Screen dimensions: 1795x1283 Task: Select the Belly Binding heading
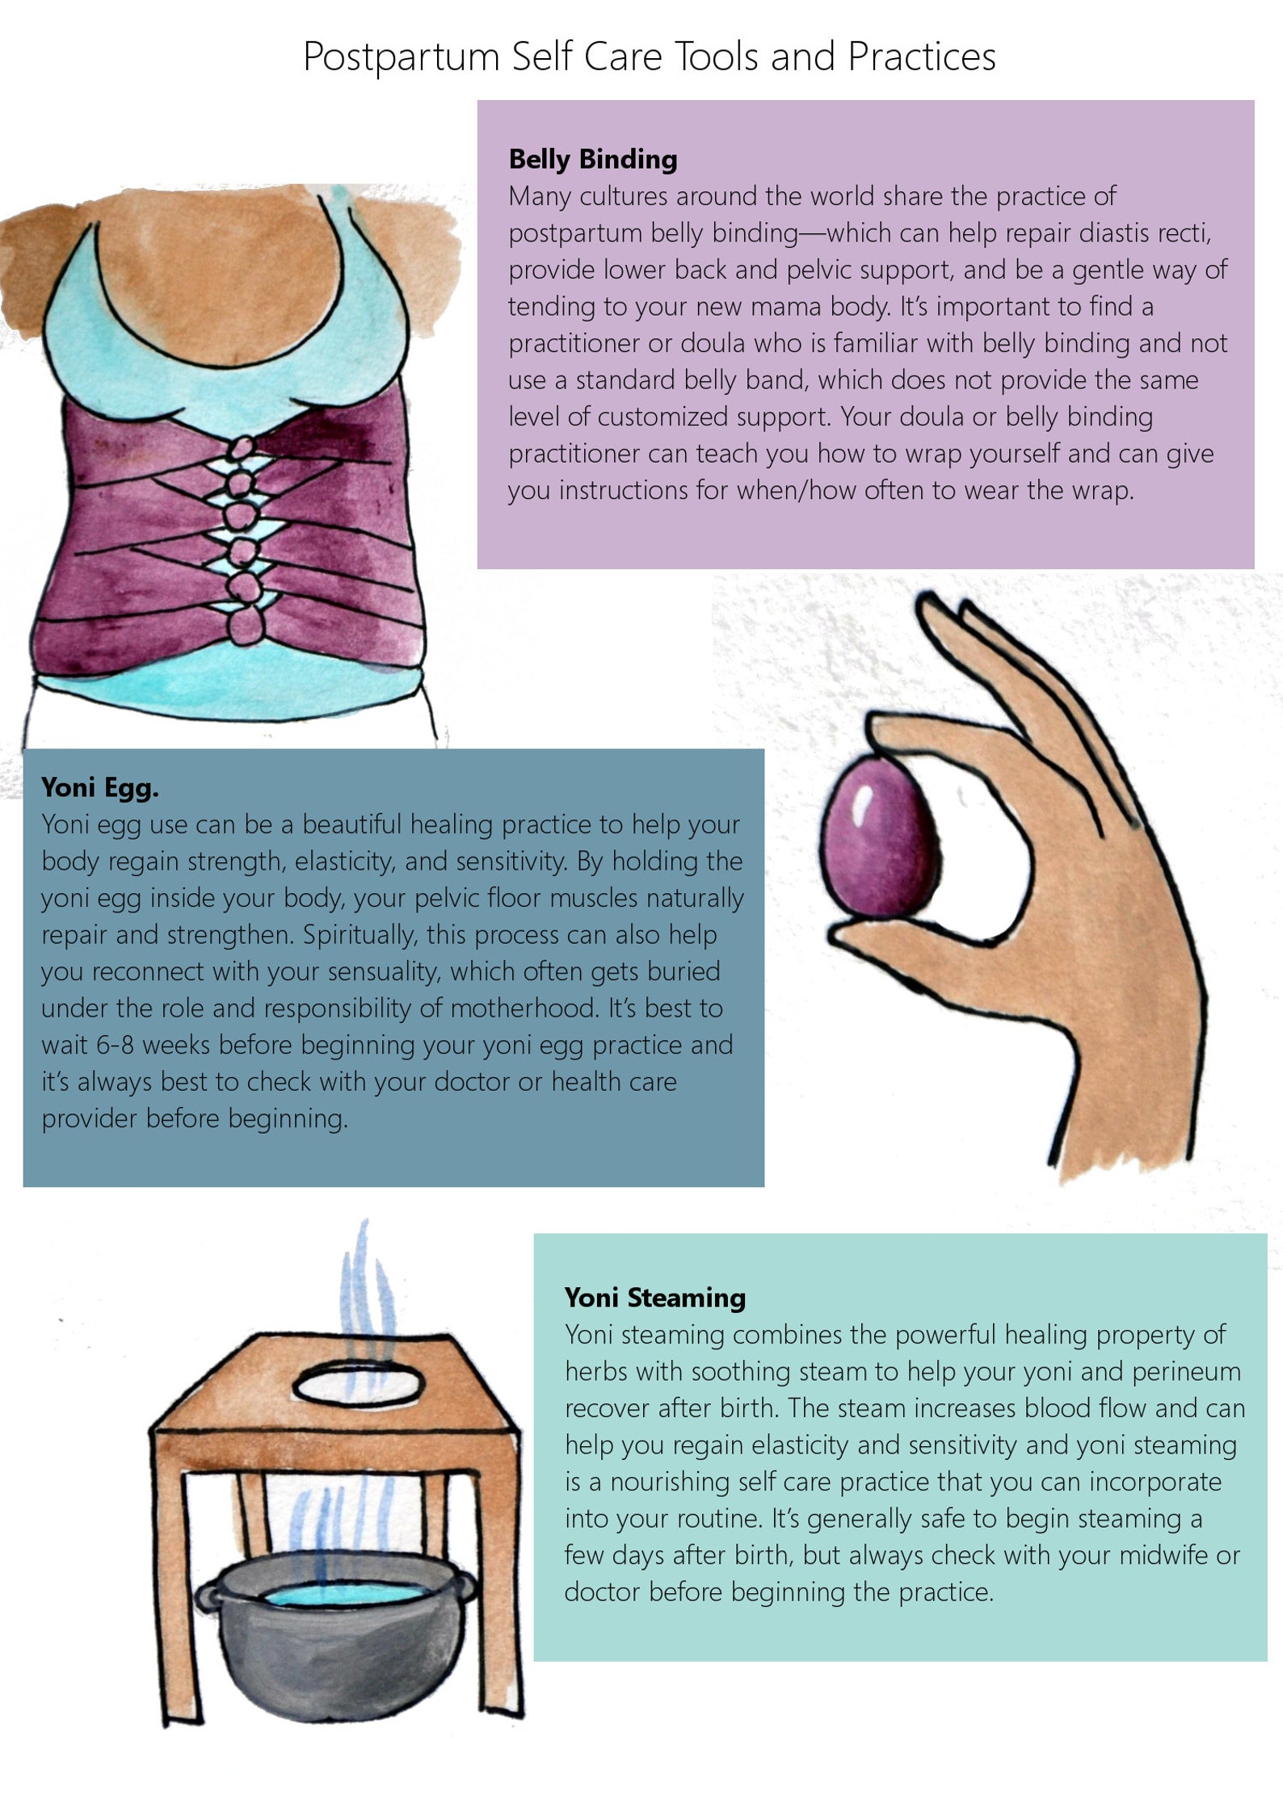(592, 159)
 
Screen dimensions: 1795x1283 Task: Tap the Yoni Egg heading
(99, 787)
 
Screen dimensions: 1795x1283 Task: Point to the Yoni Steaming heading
(654, 1298)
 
